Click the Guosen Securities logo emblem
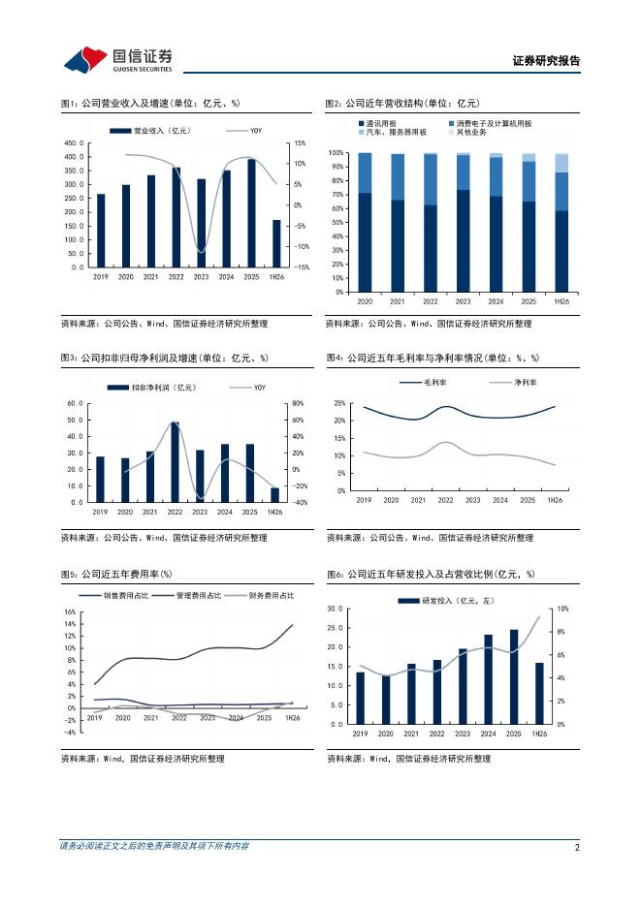(x=85, y=59)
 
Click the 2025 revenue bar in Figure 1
(x=251, y=213)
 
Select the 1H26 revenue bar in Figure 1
(x=276, y=243)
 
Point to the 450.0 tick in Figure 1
(x=74, y=142)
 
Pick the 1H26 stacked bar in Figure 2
(x=562, y=223)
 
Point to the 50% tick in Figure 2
(x=337, y=222)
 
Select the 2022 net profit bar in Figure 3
(x=175, y=461)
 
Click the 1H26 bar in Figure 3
(x=274, y=494)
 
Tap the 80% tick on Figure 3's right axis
(x=298, y=403)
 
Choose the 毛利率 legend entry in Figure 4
(x=423, y=383)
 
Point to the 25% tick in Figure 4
(x=339, y=403)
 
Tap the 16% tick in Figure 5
(x=70, y=612)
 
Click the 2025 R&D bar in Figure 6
(x=513, y=676)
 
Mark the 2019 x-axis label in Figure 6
(x=360, y=734)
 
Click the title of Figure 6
(x=431, y=574)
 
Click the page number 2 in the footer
(x=577, y=848)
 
